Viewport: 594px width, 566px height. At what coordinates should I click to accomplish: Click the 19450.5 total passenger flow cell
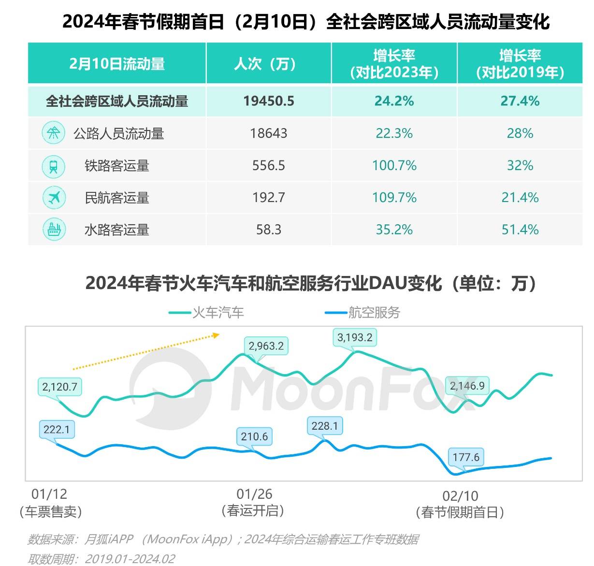pos(269,101)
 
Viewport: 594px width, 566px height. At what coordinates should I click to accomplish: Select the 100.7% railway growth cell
pos(394,165)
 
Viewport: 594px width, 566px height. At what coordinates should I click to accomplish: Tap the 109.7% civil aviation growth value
pos(394,197)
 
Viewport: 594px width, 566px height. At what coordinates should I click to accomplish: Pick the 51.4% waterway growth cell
pos(520,229)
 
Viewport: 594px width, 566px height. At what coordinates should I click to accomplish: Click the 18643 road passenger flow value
pos(269,133)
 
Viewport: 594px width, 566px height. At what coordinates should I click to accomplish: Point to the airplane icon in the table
pos(54,197)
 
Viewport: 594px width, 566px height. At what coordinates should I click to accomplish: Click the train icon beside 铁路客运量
pos(54,165)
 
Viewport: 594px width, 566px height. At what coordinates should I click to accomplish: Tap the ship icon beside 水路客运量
pos(54,229)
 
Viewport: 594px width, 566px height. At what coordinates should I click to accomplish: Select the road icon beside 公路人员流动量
pos(54,133)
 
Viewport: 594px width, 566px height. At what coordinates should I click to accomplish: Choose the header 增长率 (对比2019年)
pos(520,64)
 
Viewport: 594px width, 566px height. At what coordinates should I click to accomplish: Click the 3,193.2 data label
pos(355,337)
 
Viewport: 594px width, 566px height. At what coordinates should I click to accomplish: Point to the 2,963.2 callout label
pos(266,346)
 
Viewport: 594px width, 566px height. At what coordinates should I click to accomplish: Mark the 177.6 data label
pos(466,457)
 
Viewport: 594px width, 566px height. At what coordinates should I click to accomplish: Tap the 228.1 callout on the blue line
pos(324,426)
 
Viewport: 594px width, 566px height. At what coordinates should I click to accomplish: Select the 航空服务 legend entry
pos(363,313)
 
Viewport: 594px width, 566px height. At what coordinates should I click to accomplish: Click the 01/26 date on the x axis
pos(254,494)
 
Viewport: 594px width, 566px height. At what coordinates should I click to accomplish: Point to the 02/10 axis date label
pos(460,496)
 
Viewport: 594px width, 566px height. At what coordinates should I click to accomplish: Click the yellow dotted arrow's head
pos(217,334)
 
